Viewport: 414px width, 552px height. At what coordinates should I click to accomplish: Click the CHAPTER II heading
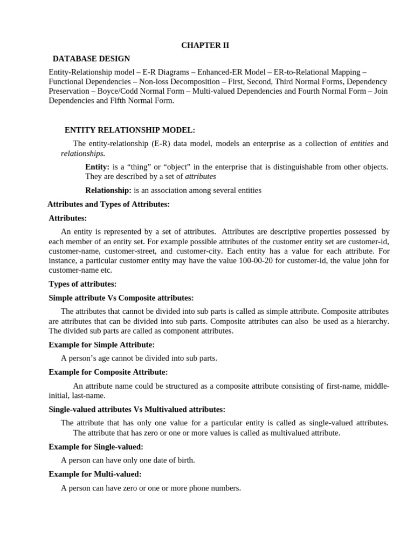(205, 45)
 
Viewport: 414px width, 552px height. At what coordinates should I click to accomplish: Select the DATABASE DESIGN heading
(91, 59)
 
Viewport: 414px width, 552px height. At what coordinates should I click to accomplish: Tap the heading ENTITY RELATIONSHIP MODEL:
(130, 130)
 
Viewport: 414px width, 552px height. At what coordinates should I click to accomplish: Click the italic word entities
(362, 143)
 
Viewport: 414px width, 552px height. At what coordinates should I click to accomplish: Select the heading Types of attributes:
(82, 284)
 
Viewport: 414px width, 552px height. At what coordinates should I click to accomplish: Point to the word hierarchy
(369, 321)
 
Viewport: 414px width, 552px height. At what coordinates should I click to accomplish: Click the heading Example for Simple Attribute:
(102, 344)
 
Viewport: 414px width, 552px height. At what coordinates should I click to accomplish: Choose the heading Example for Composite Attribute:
(108, 372)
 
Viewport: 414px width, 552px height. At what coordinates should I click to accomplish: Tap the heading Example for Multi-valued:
(95, 474)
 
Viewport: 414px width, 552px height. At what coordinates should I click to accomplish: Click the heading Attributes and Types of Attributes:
(109, 204)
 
